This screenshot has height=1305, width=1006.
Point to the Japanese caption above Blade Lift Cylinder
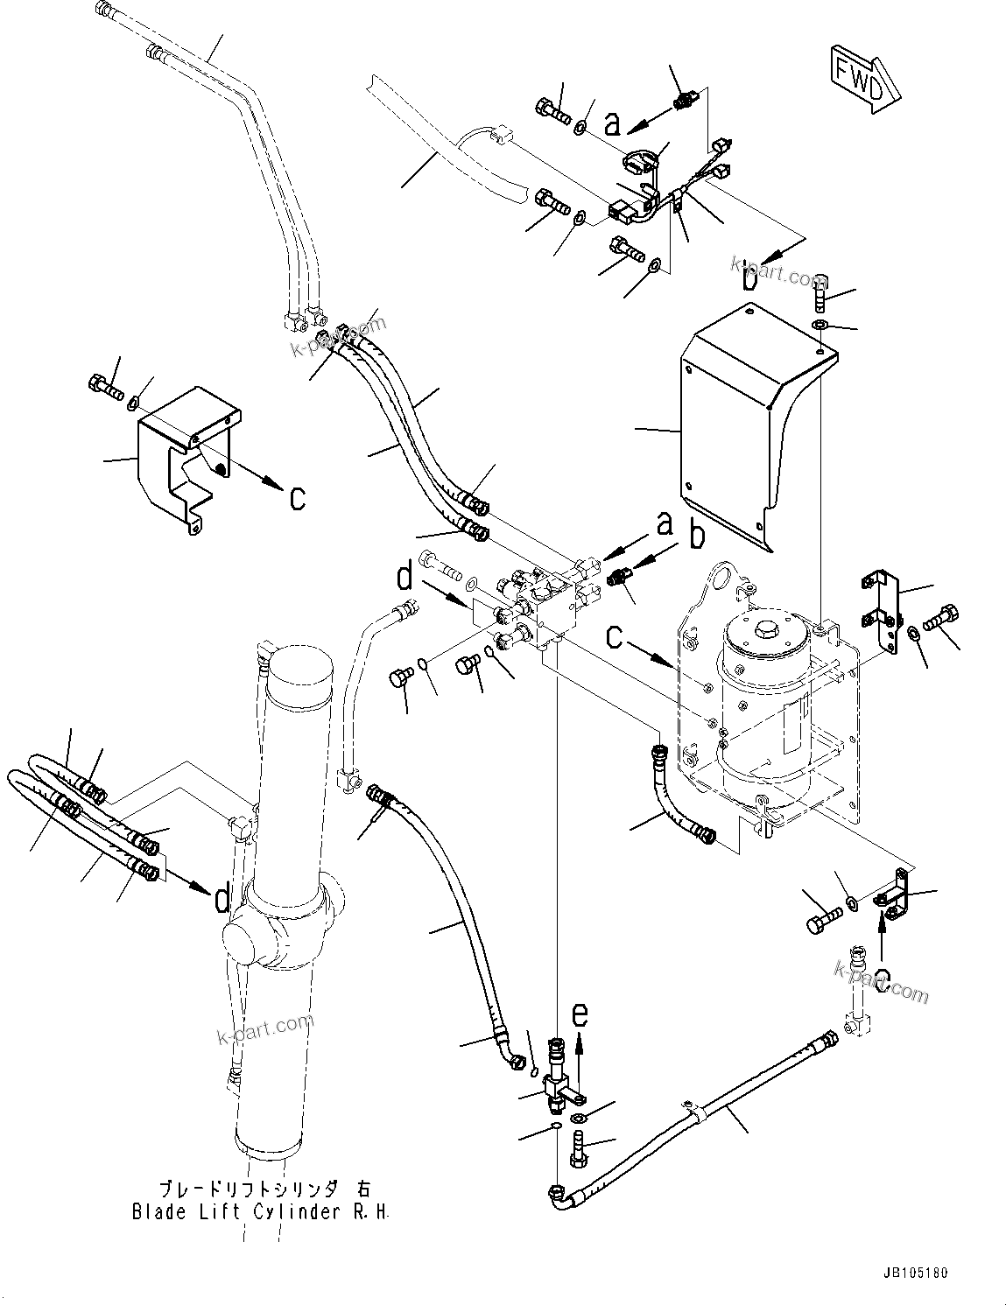tap(263, 1189)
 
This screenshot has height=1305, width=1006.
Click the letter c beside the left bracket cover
tap(298, 497)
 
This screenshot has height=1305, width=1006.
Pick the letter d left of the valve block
tap(405, 579)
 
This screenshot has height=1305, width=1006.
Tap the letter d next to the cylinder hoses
tap(222, 898)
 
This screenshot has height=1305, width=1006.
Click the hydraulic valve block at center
tap(547, 604)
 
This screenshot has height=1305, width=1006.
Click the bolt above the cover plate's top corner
tap(820, 293)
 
